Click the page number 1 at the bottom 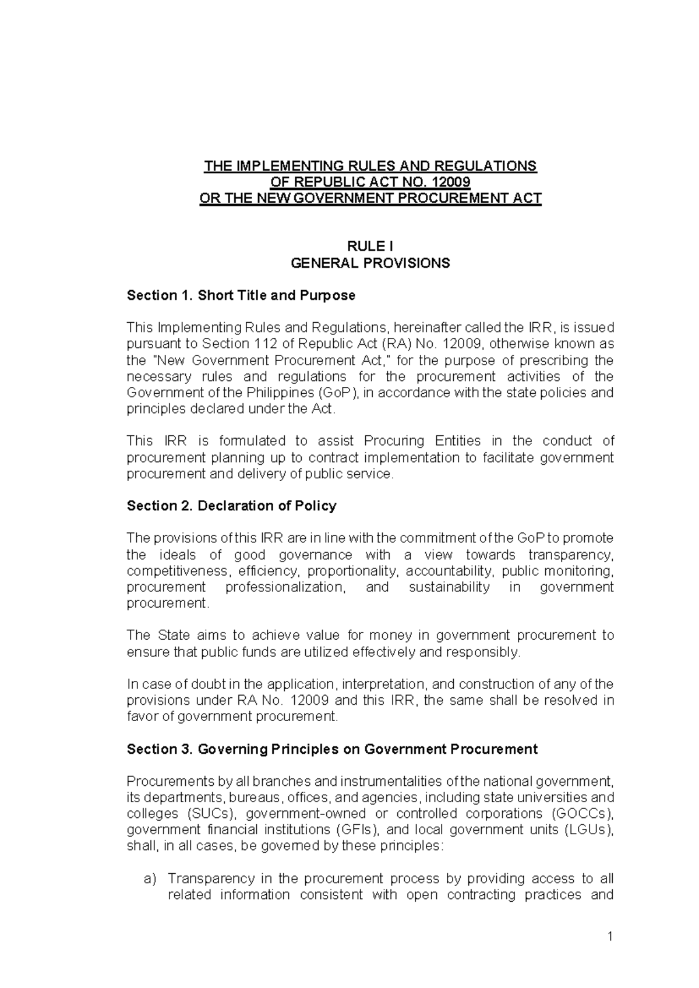click(x=610, y=937)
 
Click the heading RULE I click(x=370, y=247)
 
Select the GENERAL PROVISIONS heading click(x=370, y=263)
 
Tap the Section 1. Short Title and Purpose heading click(x=241, y=295)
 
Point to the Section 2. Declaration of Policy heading click(x=232, y=506)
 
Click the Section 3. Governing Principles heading click(x=332, y=749)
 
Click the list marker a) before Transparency click(x=150, y=878)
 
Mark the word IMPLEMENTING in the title click(x=289, y=166)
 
